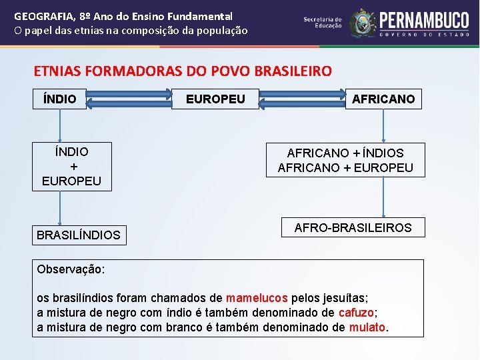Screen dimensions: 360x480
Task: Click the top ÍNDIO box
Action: click(x=60, y=99)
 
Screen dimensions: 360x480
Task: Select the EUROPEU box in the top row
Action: click(x=215, y=99)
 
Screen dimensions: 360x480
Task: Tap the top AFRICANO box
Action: click(x=383, y=99)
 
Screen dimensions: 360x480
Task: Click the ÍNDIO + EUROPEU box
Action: click(x=72, y=167)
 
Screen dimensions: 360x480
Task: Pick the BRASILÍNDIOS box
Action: click(x=79, y=235)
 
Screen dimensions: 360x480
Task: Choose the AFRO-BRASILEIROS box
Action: click(x=353, y=228)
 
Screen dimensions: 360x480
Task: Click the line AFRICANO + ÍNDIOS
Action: click(x=345, y=153)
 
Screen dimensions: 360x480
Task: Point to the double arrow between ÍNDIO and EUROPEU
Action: click(x=129, y=99)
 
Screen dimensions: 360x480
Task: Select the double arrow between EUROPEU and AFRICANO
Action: click(x=302, y=99)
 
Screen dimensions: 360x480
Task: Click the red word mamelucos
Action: click(x=257, y=298)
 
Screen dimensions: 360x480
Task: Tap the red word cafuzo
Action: click(x=357, y=313)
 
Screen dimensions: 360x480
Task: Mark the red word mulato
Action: click(x=367, y=327)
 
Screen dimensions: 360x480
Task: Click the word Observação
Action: click(x=71, y=270)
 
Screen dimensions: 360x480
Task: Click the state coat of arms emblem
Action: click(x=363, y=23)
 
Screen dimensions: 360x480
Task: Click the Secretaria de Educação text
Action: click(x=323, y=23)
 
